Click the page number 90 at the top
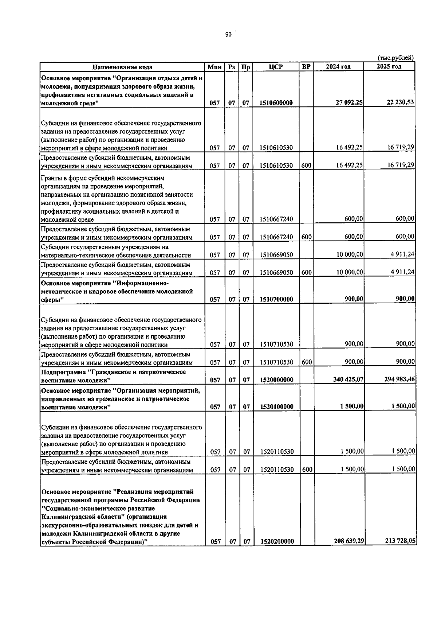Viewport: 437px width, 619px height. tap(228, 35)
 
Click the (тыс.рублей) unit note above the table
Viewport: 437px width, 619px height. tap(395, 58)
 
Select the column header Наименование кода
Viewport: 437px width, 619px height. tap(122, 67)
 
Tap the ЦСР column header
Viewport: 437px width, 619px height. tap(276, 67)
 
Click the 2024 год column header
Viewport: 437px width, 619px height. tap(338, 67)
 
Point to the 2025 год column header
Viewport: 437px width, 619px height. tap(389, 66)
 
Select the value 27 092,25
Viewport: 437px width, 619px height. tap(349, 102)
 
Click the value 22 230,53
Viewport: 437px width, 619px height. tap(400, 102)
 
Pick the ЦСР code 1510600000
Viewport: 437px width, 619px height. tap(276, 103)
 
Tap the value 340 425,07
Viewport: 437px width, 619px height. tap(348, 379)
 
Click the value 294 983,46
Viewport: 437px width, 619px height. tap(399, 379)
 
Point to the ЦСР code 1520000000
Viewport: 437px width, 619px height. tap(277, 380)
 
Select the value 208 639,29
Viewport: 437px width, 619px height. tap(349, 541)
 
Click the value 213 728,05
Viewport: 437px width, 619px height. tap(400, 541)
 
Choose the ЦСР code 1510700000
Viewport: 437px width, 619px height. tap(276, 299)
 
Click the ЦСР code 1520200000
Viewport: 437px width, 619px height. tap(277, 542)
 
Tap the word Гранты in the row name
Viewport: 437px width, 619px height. tap(52, 178)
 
